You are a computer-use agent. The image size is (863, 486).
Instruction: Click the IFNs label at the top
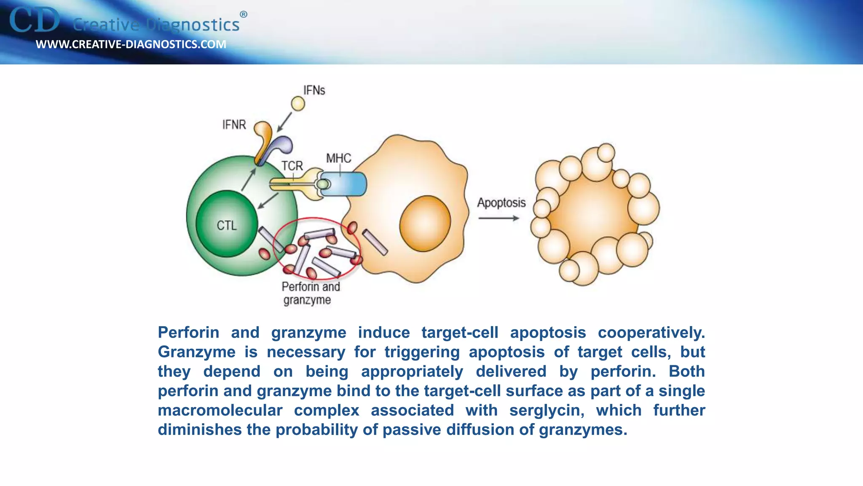(314, 90)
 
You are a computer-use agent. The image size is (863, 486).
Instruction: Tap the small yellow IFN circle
(298, 103)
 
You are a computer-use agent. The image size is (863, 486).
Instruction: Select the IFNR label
(234, 125)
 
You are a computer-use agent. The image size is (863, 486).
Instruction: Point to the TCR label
(292, 166)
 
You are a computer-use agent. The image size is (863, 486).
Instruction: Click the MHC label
(338, 158)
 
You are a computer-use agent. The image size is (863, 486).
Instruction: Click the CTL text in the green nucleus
(227, 226)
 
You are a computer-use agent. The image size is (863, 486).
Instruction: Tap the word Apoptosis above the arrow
(501, 203)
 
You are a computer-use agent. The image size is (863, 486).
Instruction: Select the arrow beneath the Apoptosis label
(499, 218)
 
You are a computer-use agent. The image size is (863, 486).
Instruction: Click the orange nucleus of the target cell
(425, 223)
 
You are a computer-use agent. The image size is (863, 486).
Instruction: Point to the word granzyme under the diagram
(307, 300)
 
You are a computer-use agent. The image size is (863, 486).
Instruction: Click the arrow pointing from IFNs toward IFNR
(285, 122)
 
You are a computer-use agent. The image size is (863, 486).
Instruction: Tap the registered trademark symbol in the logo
(244, 14)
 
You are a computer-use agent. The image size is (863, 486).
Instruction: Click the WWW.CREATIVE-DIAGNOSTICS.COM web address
(131, 44)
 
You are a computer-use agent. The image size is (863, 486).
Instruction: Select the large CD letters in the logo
(35, 20)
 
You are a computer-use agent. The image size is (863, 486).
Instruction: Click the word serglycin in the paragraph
(547, 410)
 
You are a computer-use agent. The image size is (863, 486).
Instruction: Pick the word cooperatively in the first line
(651, 332)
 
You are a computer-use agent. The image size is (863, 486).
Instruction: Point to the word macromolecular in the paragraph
(220, 410)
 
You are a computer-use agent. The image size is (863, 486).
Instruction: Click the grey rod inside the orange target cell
(375, 242)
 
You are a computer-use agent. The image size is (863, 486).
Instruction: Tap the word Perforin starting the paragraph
(188, 332)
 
